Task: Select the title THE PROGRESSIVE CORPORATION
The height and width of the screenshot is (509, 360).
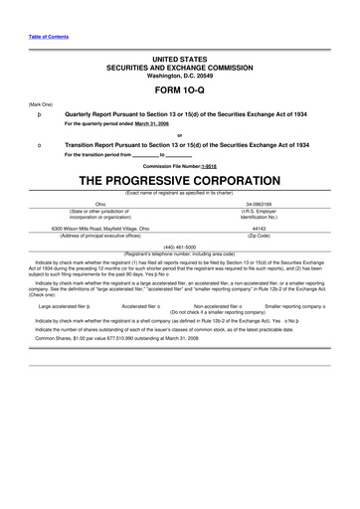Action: tap(179, 181)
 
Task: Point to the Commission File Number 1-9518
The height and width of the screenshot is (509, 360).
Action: tap(179, 165)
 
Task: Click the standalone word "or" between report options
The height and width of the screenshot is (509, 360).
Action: tap(179, 135)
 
